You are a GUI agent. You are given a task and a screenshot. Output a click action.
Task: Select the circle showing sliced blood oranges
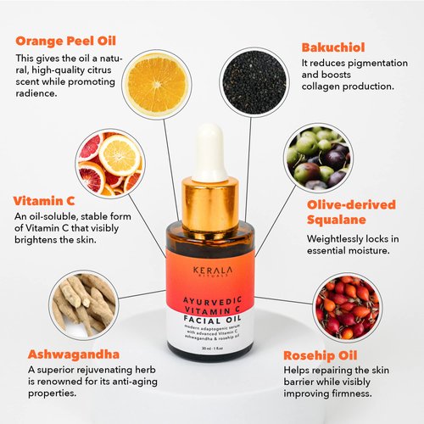109,161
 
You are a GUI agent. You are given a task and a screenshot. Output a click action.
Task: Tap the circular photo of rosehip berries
344,306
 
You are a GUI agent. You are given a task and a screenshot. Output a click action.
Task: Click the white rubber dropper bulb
209,153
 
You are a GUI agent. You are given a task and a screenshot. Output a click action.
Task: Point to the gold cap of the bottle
209,204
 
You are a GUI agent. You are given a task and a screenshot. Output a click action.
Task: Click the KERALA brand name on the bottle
210,264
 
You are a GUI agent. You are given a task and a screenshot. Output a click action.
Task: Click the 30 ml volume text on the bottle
204,349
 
